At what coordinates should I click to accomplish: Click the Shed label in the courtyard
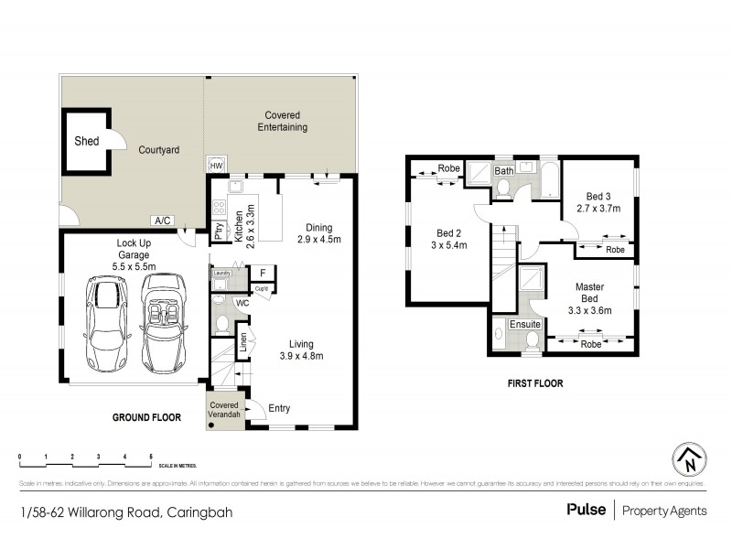86,142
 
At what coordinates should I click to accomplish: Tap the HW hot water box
217,166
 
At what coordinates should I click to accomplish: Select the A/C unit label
164,221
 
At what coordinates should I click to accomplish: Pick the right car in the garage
164,319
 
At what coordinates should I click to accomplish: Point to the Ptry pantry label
219,231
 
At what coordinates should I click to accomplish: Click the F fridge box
262,273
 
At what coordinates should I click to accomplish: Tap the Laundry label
221,273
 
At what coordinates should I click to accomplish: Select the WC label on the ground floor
242,301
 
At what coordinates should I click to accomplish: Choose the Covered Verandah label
224,410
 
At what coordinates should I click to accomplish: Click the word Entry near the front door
281,409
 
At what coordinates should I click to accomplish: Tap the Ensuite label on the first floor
525,324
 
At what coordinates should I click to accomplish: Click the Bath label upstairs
504,171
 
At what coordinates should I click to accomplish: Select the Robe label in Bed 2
448,168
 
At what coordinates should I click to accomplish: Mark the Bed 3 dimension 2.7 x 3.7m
597,208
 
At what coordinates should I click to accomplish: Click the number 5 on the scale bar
151,456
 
